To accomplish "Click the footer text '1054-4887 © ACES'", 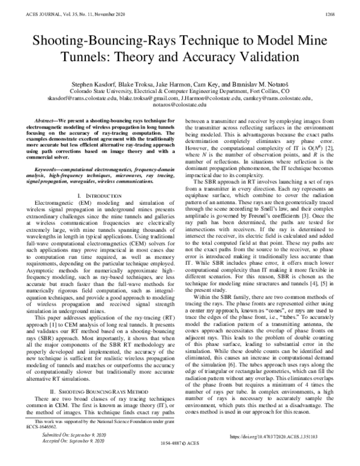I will click(181, 458).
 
